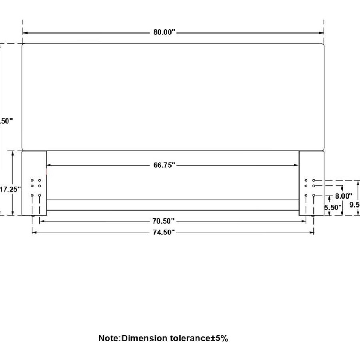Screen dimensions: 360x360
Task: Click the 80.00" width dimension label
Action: coord(164,32)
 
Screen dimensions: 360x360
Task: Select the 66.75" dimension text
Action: coord(164,165)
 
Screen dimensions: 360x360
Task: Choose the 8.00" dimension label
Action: coord(344,196)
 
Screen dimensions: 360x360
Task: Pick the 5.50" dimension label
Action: coord(333,208)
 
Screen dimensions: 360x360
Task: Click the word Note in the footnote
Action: coord(108,338)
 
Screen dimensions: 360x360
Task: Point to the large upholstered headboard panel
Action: coord(173,97)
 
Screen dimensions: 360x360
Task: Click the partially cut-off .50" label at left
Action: coord(6,121)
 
